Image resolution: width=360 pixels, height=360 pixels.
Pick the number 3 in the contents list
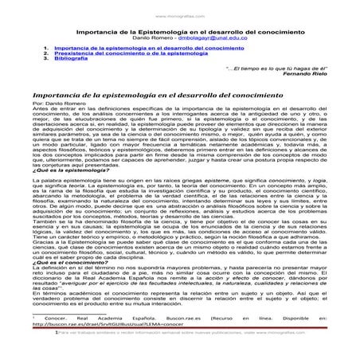point(46,59)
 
